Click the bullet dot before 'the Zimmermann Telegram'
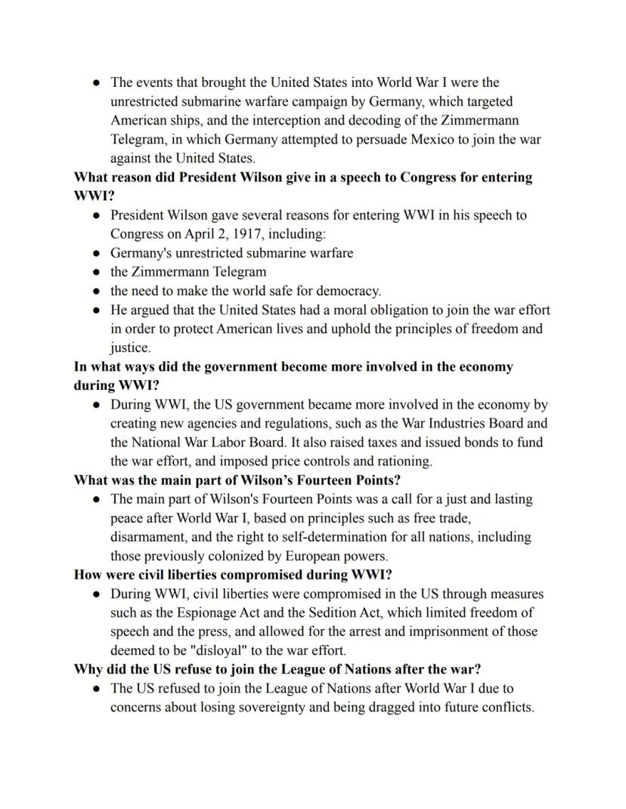97,272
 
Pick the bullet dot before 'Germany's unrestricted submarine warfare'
97,253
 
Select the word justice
130,348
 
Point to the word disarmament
148,537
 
